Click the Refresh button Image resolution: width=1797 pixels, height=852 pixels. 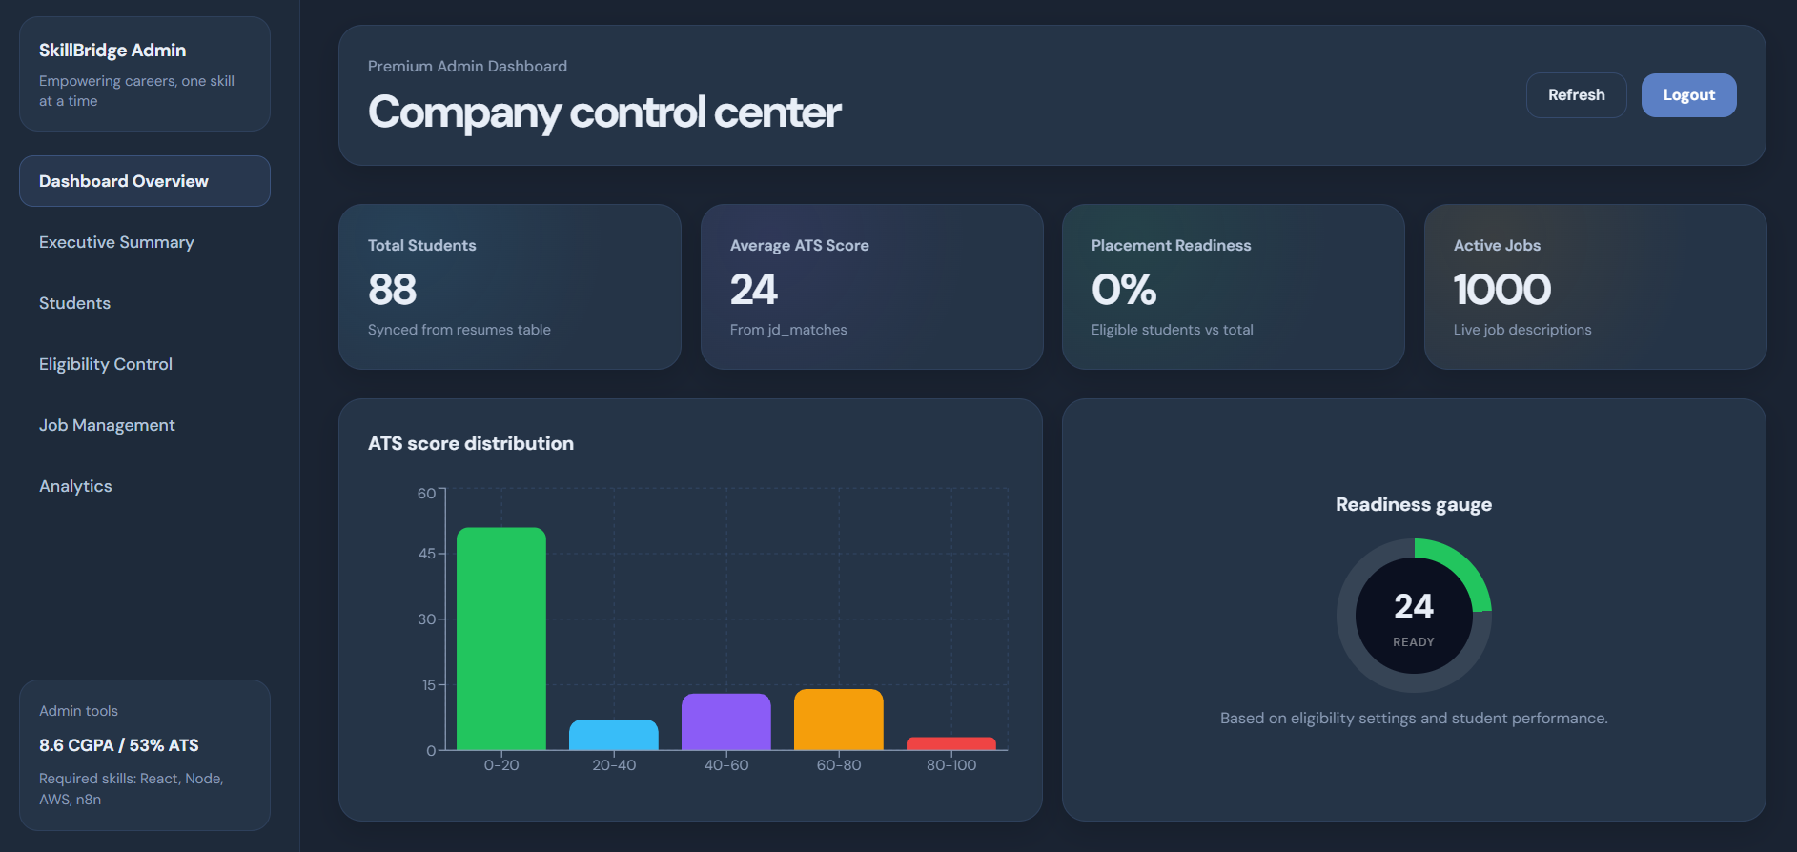pos(1576,95)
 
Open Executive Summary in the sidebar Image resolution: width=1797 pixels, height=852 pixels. pos(116,242)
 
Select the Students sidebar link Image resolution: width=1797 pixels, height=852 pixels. pos(74,303)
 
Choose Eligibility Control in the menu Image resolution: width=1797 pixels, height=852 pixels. pos(106,364)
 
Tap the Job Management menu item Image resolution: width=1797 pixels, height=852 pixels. pos(107,425)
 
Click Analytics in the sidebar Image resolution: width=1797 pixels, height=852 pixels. pos(75,486)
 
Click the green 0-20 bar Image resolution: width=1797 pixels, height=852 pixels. pos(501,639)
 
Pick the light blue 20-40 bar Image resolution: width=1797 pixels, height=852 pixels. pos(614,735)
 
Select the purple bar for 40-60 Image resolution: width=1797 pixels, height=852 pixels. pos(726,721)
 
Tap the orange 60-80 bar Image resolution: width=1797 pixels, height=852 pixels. pos(839,720)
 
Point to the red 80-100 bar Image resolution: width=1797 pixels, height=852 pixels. pos(951,743)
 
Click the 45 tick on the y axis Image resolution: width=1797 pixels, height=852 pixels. pos(427,554)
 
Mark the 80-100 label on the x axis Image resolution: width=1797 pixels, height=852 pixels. pos(951,765)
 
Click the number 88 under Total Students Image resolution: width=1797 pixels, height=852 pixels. pos(393,290)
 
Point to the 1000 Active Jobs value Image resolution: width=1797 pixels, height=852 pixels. pos(1501,290)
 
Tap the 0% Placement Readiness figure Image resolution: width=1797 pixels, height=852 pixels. pos(1124,290)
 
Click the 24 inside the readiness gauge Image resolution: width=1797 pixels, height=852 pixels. pos(1414,606)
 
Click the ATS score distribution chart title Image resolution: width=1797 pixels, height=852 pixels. pos(471,443)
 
